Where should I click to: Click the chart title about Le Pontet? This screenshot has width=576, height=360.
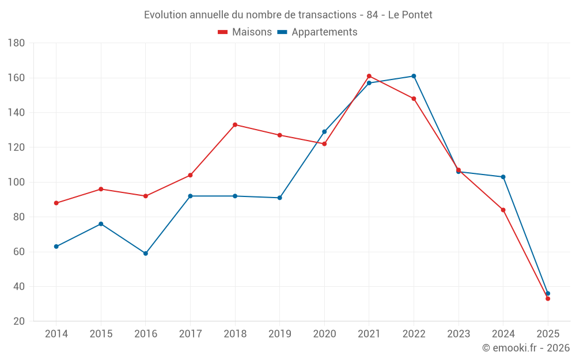tap(288, 14)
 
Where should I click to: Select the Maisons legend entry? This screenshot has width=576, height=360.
tap(245, 32)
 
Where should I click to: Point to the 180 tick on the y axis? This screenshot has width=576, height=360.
tap(16, 43)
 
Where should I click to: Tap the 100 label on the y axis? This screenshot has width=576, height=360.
tap(16, 183)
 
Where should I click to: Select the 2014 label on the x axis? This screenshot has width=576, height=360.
tap(56, 334)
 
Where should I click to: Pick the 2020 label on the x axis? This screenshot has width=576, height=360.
tap(324, 334)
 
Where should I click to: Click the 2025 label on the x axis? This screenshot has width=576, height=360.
tap(548, 334)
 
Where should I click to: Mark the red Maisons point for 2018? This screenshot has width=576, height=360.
tap(235, 125)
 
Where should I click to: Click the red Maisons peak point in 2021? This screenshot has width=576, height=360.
tap(369, 76)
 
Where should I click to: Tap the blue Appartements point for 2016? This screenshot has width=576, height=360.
tap(146, 253)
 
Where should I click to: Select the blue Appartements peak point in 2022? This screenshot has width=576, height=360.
tap(414, 76)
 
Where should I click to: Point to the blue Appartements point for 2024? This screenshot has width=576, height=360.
tap(503, 177)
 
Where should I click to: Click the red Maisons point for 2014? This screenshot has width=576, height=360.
tap(56, 203)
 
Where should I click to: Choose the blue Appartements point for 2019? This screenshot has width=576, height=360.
tap(279, 198)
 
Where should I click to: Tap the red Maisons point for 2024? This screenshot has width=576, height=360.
tap(503, 210)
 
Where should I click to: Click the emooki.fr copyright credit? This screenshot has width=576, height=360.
tap(525, 348)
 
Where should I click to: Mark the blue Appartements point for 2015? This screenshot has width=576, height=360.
tap(101, 224)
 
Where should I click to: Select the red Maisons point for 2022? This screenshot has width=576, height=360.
tap(414, 98)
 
